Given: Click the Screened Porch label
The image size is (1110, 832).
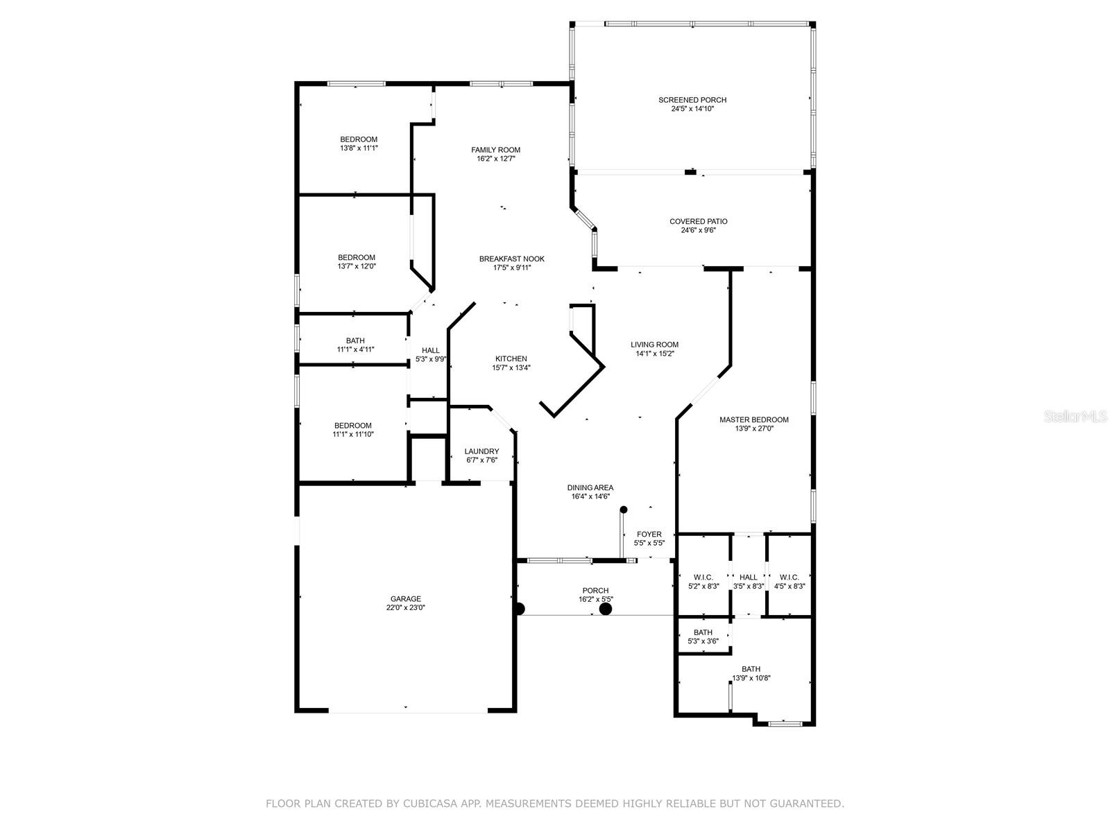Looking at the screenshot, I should [692, 100].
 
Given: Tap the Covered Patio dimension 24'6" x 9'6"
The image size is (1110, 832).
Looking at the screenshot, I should [698, 230].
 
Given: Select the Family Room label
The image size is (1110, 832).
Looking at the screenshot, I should [495, 150].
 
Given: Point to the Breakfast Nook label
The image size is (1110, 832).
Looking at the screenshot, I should [511, 259].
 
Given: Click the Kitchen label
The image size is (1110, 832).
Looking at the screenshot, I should [511, 358].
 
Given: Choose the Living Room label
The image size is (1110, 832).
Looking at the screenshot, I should [654, 345].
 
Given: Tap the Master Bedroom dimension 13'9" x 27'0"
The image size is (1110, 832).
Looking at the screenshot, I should [754, 428].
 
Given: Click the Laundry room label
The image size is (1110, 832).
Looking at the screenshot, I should [481, 451].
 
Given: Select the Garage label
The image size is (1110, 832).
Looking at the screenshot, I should [405, 599].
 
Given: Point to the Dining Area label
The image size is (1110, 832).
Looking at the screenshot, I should [590, 487].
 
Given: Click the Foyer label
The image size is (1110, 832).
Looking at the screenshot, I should [649, 534].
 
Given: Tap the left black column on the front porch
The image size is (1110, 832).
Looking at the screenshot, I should [519, 609].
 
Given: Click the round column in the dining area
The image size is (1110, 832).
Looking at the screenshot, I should [624, 510].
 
